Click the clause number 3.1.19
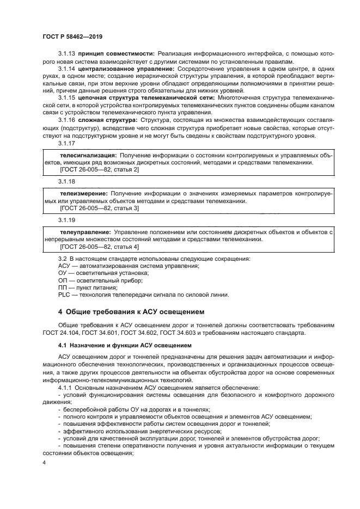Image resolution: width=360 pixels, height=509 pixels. (66, 220)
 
